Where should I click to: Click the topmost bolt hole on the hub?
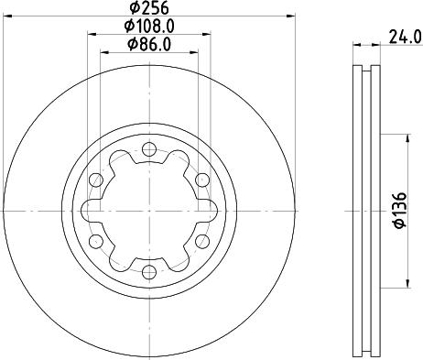[149, 148]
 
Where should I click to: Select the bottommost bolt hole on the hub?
[149, 271]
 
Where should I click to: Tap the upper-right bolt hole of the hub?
[202, 180]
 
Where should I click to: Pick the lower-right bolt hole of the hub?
[202, 241]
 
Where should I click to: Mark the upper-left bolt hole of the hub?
[96, 180]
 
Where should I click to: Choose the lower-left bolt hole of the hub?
[96, 241]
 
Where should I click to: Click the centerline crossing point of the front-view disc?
[149, 210]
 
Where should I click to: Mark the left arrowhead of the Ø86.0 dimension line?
[103, 52]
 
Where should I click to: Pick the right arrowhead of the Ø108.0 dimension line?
[209, 35]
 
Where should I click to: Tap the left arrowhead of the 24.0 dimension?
[356, 44]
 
